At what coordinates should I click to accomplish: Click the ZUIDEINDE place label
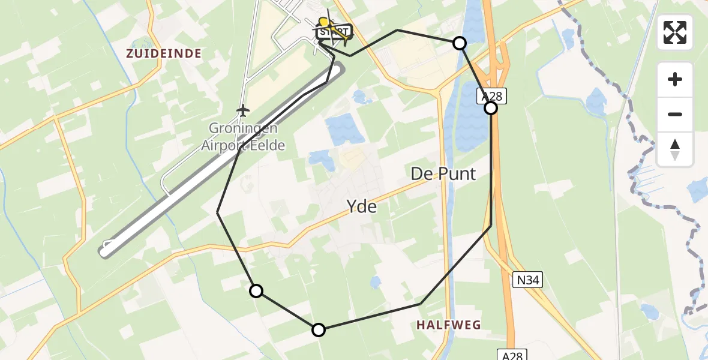coord(163,53)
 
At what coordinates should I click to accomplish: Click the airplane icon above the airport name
coord(242,110)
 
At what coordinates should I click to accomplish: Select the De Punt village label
coord(443,174)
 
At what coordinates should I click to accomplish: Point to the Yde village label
coord(362,207)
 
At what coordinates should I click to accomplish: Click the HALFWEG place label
coord(449,325)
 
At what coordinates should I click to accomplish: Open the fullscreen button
coord(675,32)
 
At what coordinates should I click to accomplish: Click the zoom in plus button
coord(675,79)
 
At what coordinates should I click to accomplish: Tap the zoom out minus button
coord(675,114)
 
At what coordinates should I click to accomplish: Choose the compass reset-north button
coord(675,149)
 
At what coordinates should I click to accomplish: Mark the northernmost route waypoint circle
coord(459,43)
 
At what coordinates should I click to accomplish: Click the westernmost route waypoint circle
coord(256,291)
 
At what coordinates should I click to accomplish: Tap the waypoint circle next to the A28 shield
coord(491,108)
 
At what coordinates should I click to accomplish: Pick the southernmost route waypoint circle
coord(319,329)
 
